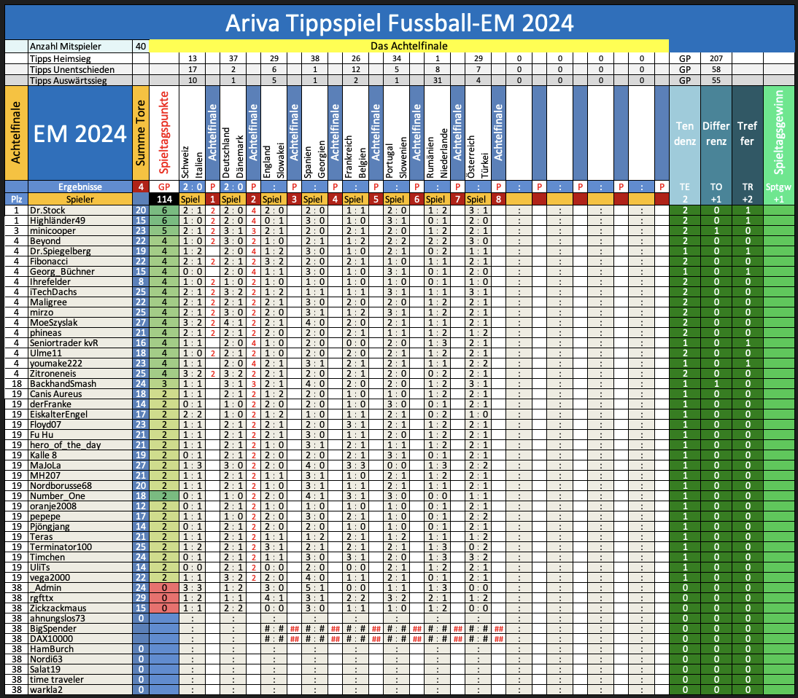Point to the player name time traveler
pos(57,679)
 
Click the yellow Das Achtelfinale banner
pos(409,46)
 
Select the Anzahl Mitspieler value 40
pos(140,46)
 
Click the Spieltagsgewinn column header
pos(780,134)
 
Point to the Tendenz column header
pos(684,134)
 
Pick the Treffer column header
pos(746,134)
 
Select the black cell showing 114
pos(164,198)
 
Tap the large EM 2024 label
pos(79,134)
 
